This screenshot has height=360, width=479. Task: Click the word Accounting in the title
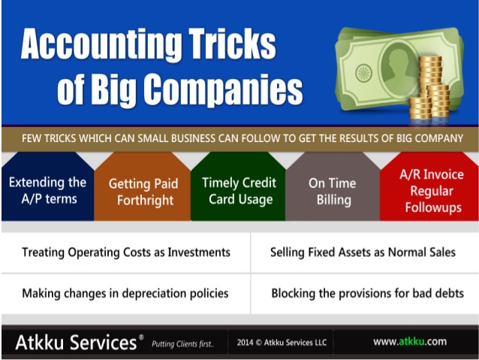pyautogui.click(x=101, y=44)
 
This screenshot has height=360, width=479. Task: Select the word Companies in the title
pyautogui.click(x=223, y=89)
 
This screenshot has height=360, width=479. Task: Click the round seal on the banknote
pyautogui.click(x=364, y=73)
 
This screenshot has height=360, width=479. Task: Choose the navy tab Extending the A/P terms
pyautogui.click(x=47, y=186)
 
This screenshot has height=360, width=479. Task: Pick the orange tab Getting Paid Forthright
pyautogui.click(x=143, y=186)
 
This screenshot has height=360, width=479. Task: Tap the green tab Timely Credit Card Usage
pyautogui.click(x=238, y=186)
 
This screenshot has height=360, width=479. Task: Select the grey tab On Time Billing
pyautogui.click(x=333, y=186)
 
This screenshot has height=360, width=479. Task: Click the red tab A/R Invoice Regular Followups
pyautogui.click(x=429, y=186)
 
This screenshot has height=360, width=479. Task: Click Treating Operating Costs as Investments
pyautogui.click(x=126, y=253)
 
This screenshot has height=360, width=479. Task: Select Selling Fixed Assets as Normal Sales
pyautogui.click(x=363, y=253)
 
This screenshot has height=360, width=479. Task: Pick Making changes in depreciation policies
pyautogui.click(x=125, y=293)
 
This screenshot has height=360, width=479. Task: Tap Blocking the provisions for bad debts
pyautogui.click(x=367, y=293)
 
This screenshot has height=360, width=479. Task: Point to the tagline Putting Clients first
pyautogui.click(x=182, y=344)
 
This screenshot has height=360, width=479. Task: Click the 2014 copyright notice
pyautogui.click(x=282, y=342)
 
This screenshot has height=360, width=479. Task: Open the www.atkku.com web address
pyautogui.click(x=410, y=341)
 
